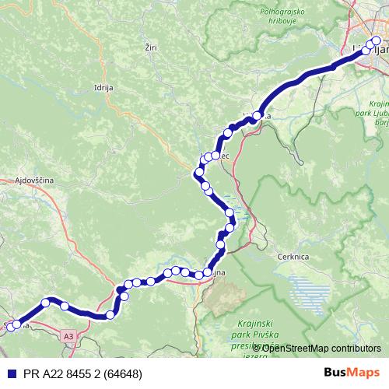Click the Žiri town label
coord(151,47)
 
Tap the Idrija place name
coord(103,88)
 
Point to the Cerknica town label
coord(293,256)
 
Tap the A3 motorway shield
coord(69,335)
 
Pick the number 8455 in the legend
coord(68,374)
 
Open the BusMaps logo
coord(352,373)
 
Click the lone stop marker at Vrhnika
coord(257,117)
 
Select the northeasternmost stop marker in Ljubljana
coord(377,41)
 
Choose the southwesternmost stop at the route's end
coord(10,328)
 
